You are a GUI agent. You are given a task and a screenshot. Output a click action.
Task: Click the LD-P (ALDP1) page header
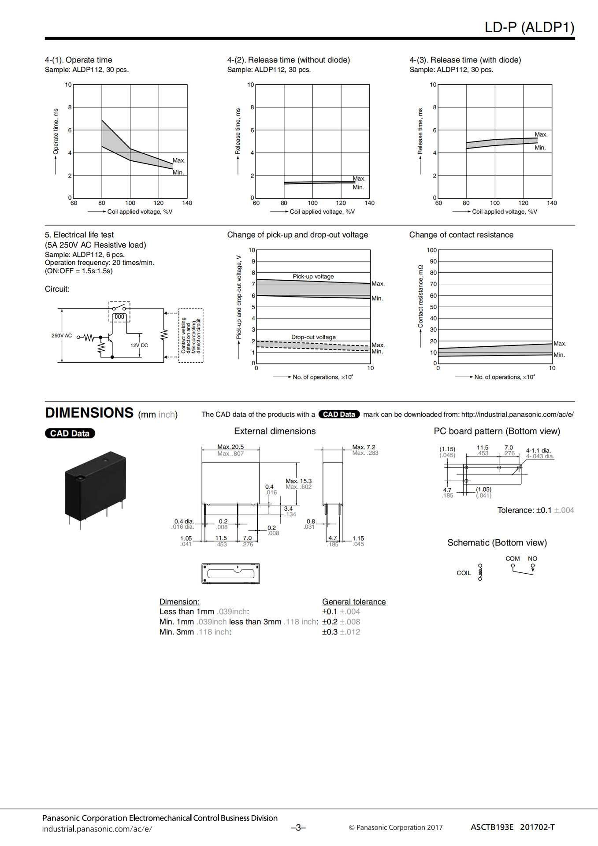(529, 27)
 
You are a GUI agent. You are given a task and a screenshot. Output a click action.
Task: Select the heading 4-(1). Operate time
(78, 60)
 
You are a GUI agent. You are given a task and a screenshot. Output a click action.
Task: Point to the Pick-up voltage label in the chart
(313, 276)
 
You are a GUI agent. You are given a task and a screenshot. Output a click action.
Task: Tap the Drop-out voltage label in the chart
(313, 337)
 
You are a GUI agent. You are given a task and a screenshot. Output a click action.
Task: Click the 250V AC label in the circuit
(62, 335)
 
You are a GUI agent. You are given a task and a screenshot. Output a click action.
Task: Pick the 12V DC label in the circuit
(139, 345)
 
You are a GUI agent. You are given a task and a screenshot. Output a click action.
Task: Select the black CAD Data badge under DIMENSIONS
(70, 433)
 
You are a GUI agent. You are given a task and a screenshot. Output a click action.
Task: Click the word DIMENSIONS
(89, 412)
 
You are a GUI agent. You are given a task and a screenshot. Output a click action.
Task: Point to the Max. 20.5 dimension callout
(230, 447)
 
